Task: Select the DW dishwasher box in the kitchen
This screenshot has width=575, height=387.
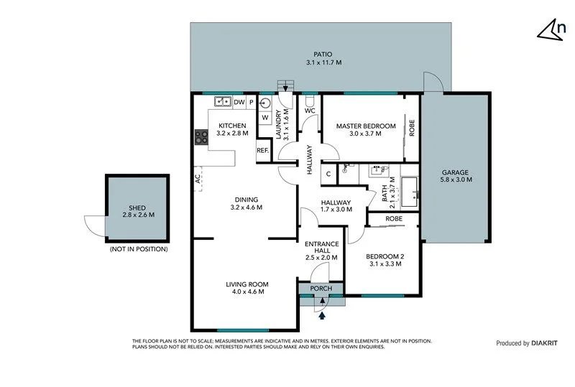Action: (239, 102)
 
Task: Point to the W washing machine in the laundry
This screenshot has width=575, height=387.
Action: (264, 118)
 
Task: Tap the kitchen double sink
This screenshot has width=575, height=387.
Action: (222, 102)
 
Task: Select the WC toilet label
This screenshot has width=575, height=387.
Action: (310, 111)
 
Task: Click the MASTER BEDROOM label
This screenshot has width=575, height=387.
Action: (366, 126)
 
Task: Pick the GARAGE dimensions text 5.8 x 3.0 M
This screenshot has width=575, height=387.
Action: (455, 180)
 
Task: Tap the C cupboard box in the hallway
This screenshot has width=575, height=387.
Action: (328, 173)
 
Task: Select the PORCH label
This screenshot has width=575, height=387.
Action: (321, 289)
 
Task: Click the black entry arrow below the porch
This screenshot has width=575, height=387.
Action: (322, 313)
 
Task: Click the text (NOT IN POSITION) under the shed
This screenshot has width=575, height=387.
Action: (138, 249)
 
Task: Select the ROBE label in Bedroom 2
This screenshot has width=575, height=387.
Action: (393, 218)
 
